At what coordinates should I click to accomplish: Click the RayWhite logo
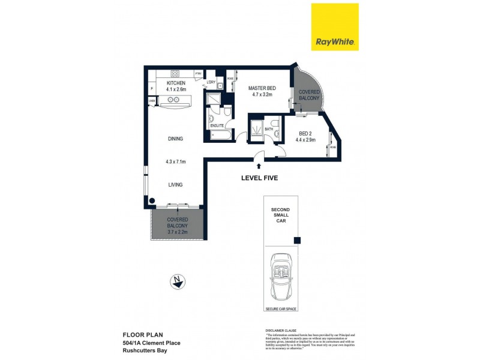(x=334, y=27)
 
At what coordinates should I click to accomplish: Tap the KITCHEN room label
(x=176, y=83)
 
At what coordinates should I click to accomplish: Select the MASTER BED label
(x=262, y=88)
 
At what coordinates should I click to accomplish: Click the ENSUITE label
(x=217, y=125)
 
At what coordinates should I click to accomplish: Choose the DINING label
(x=175, y=139)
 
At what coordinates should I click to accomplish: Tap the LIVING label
(x=175, y=185)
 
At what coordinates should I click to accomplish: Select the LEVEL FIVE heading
(x=259, y=178)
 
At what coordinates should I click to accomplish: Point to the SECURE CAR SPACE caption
(x=281, y=309)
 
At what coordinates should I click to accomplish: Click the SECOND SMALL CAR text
(x=281, y=214)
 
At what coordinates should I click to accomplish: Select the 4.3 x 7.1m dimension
(x=175, y=161)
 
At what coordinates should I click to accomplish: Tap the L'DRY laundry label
(x=211, y=82)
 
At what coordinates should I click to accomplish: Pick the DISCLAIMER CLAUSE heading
(x=283, y=331)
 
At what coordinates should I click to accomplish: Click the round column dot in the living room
(x=152, y=201)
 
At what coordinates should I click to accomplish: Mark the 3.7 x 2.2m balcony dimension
(x=178, y=232)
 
